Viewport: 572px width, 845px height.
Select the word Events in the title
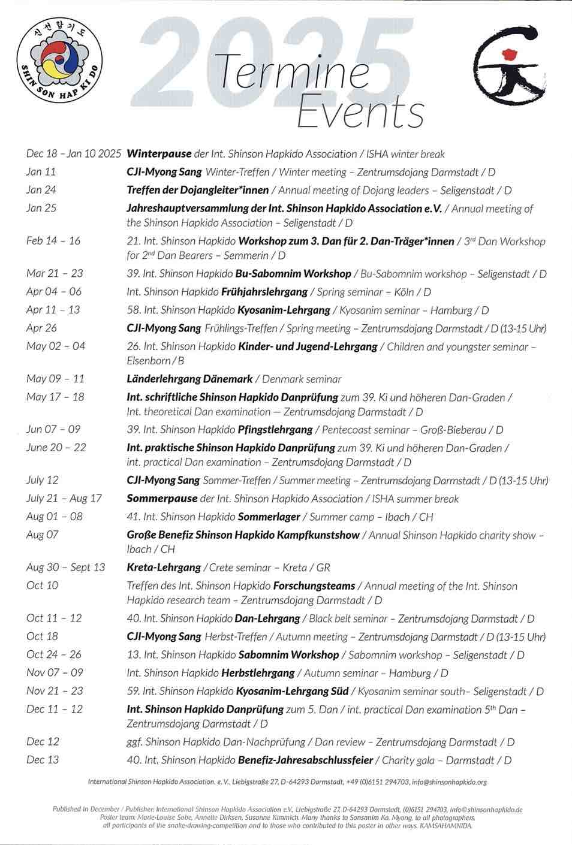(x=360, y=111)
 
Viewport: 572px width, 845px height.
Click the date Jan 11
(x=41, y=172)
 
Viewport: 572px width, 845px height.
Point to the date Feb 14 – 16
(x=53, y=241)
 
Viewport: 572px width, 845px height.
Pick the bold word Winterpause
(x=159, y=154)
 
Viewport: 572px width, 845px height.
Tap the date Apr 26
(x=41, y=328)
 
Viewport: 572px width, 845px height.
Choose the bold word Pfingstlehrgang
(x=275, y=430)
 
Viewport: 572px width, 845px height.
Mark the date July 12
(x=42, y=480)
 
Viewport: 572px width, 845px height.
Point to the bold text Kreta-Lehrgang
(x=163, y=568)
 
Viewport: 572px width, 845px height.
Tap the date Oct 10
(x=42, y=586)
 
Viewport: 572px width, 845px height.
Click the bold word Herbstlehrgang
(x=257, y=673)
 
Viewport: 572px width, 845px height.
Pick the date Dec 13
(x=43, y=760)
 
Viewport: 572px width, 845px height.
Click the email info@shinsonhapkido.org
(x=449, y=782)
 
